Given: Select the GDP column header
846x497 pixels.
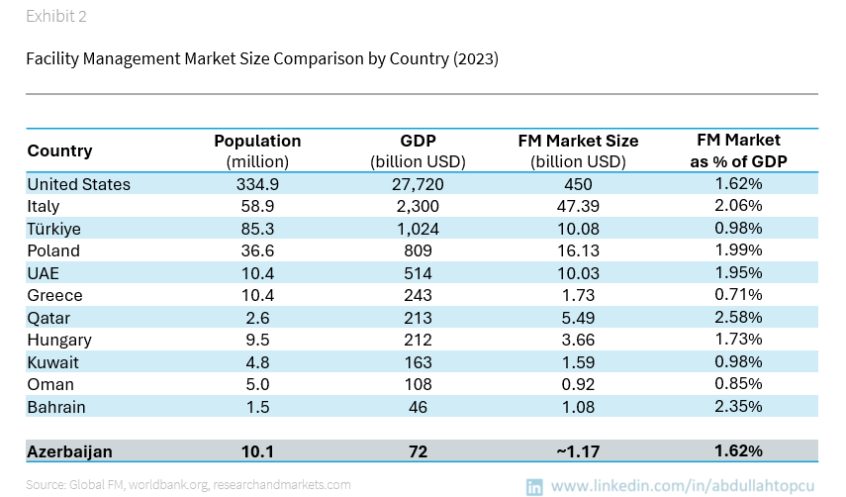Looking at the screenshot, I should (418, 141).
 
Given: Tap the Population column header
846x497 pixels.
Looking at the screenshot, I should (257, 141).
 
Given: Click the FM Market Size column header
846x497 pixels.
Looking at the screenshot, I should (578, 141).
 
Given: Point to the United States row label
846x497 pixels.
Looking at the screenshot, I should (78, 184).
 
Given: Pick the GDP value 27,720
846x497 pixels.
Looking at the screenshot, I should (418, 184).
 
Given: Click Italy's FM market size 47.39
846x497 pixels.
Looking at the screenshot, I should (578, 206).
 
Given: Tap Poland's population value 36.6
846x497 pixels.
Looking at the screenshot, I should (257, 250).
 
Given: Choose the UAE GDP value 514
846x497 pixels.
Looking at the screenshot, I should (418, 273).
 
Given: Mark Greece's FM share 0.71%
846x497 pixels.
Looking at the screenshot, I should (738, 295).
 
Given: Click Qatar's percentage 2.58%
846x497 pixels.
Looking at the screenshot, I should (738, 318).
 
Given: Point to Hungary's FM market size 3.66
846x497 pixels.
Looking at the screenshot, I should (578, 340).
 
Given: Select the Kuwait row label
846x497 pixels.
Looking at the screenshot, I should (52, 362).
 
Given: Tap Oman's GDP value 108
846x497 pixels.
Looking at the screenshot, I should (418, 384).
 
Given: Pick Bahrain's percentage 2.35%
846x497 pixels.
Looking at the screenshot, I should (738, 407).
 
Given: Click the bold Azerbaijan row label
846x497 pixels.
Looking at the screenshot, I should (69, 451).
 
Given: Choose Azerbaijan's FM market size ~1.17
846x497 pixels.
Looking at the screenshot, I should (578, 451).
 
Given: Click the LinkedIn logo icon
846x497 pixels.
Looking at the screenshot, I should (534, 486).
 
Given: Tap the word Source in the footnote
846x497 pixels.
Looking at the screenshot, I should (45, 485).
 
